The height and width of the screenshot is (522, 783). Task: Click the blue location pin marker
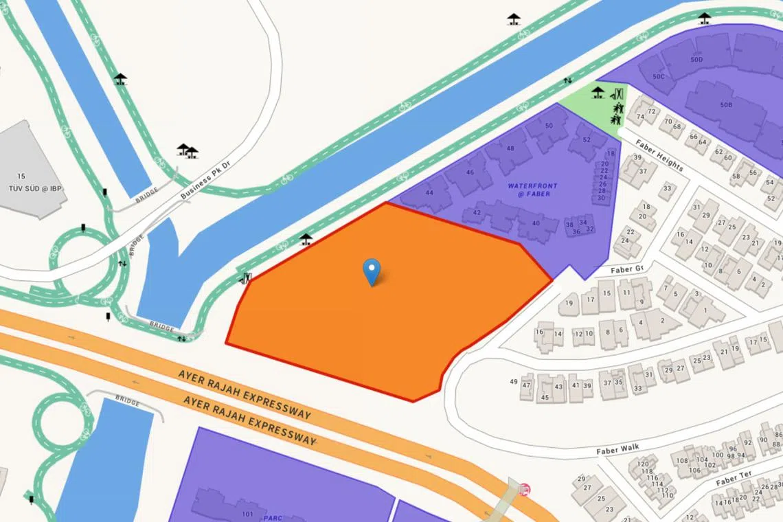tap(372, 271)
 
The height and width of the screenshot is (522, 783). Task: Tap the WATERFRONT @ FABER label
tap(533, 190)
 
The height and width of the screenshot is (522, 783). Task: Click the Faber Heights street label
tap(659, 156)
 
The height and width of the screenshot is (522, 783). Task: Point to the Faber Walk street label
tap(617, 449)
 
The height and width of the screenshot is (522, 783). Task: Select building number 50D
tap(697, 60)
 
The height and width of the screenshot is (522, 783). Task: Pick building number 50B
tap(726, 105)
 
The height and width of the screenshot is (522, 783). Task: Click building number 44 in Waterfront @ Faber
tap(429, 193)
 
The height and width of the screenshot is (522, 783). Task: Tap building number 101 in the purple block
tap(248, 514)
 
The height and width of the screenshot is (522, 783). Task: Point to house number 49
tap(514, 382)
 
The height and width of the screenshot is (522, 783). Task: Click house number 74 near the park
tap(640, 117)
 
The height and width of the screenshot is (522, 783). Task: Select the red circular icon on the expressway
tap(525, 489)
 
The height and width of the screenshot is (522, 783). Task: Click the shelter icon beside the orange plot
tap(306, 239)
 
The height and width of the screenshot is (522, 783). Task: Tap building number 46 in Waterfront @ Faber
tap(470, 172)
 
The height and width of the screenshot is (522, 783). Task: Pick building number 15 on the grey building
tap(21, 177)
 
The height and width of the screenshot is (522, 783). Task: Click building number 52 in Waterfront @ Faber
tap(586, 139)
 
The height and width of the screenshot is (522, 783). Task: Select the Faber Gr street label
tap(626, 269)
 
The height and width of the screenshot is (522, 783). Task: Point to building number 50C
tap(659, 76)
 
